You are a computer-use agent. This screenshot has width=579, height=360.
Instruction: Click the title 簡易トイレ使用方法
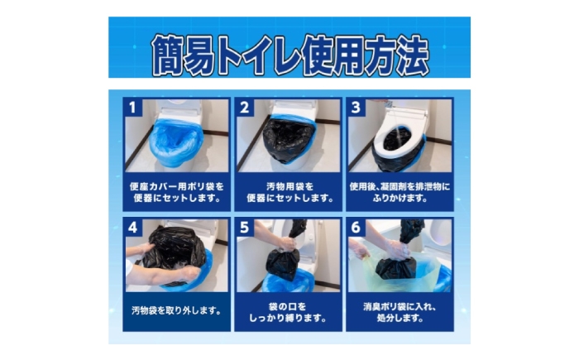[x=289, y=55]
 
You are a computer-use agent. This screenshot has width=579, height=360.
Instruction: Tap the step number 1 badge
[x=132, y=108]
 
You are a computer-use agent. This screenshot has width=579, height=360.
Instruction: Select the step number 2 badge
[x=244, y=108]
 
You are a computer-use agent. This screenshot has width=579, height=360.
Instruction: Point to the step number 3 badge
[x=356, y=108]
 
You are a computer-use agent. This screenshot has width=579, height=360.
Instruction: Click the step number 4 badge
[x=132, y=228]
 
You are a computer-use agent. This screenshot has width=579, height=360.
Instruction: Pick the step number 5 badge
[x=244, y=228]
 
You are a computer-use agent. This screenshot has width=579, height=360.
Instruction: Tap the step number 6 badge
[x=356, y=228]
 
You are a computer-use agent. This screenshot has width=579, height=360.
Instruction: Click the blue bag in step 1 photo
[x=175, y=142]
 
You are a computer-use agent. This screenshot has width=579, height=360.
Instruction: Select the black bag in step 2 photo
[x=288, y=140]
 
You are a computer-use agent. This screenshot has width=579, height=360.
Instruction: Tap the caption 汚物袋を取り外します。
[x=176, y=310]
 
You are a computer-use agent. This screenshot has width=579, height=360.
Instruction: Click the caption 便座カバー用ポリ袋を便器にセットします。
[x=176, y=192]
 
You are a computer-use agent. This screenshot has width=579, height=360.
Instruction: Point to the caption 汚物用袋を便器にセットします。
[x=289, y=192]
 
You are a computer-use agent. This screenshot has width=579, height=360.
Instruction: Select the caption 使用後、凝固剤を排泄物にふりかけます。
[x=400, y=192]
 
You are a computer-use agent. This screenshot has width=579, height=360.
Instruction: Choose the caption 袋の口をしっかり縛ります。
[x=288, y=312]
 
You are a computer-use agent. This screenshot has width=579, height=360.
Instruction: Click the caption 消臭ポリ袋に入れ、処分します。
[x=400, y=312]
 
